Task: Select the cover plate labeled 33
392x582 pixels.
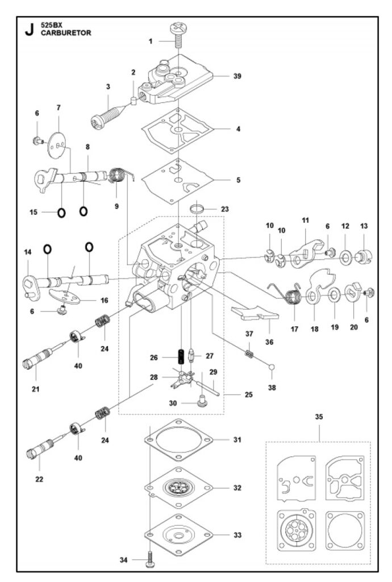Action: pyautogui.click(x=179, y=535)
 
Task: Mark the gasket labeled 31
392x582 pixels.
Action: pyautogui.click(x=179, y=440)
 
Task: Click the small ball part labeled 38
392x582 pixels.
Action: pyautogui.click(x=272, y=367)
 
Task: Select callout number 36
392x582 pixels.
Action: pyautogui.click(x=269, y=342)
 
